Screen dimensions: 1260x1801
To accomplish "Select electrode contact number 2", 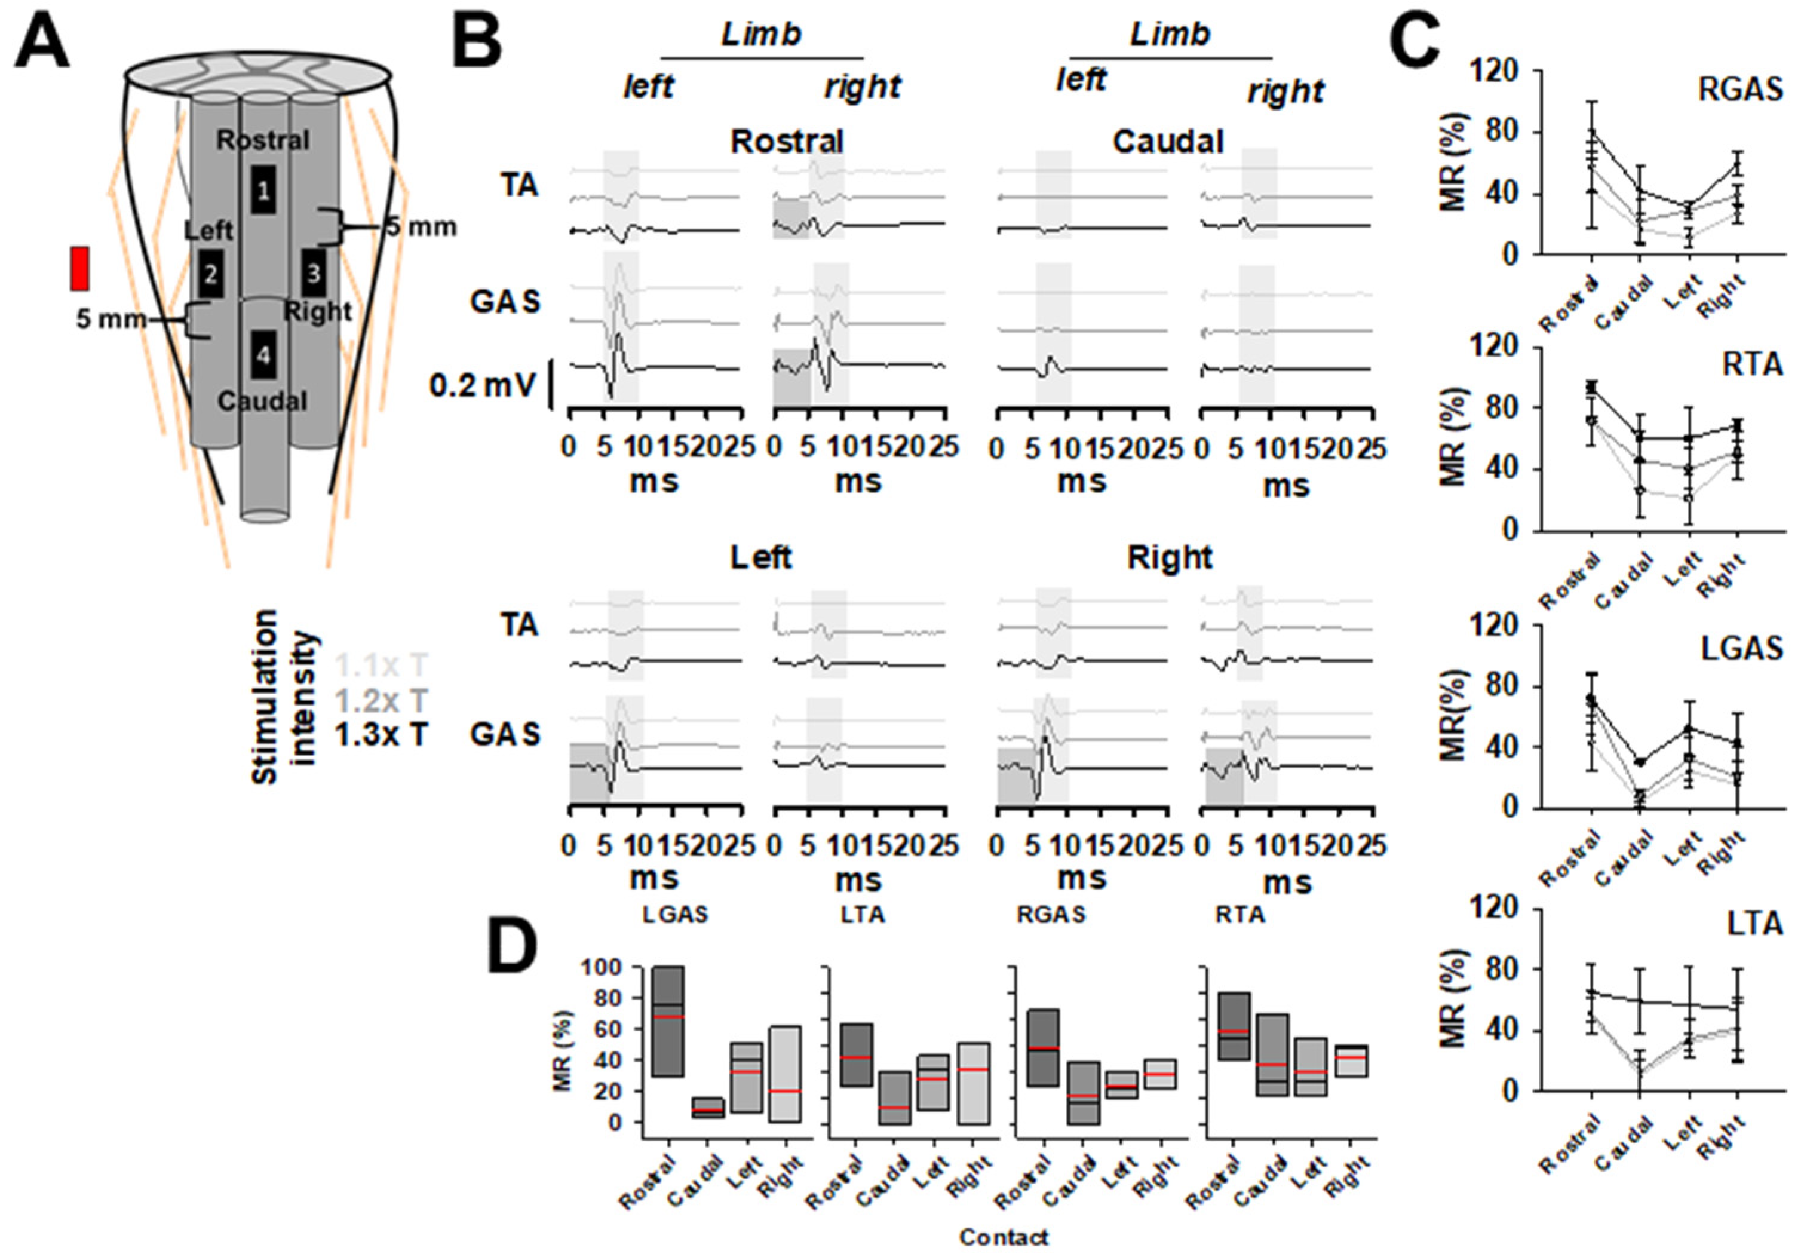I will tap(210, 274).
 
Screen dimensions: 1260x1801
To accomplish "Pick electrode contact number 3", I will tap(313, 273).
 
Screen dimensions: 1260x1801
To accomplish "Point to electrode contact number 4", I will tap(263, 355).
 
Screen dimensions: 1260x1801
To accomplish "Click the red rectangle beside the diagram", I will tap(80, 268).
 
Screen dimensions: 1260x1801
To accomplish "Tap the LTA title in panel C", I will tap(1753, 924).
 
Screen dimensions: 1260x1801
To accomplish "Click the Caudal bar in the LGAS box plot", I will tap(707, 1107).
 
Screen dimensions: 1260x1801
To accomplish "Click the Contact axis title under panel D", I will tap(1004, 1237).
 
